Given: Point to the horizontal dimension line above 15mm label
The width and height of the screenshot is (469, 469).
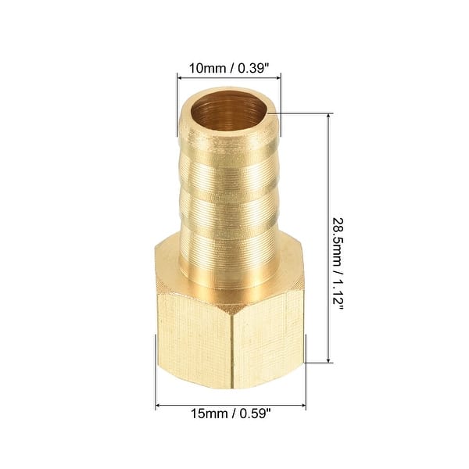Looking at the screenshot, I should [x=230, y=406].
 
